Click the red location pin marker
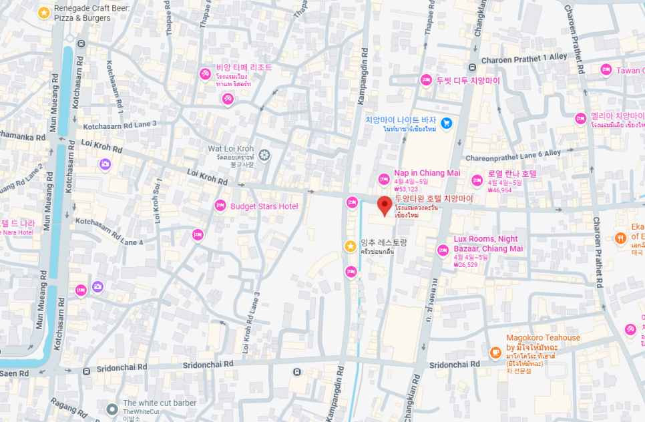(385, 206)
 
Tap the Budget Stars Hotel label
(264, 206)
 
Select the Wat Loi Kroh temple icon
(265, 156)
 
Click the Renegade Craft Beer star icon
(43, 13)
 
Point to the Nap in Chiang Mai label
(427, 173)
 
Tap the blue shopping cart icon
(447, 123)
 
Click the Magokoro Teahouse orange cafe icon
(495, 353)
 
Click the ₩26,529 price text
(465, 265)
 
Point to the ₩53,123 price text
(406, 189)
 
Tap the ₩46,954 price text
(499, 190)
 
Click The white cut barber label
(159, 403)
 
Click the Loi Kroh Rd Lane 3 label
(251, 323)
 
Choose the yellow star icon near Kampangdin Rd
(350, 246)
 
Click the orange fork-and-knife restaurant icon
(620, 238)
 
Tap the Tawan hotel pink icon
(606, 69)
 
